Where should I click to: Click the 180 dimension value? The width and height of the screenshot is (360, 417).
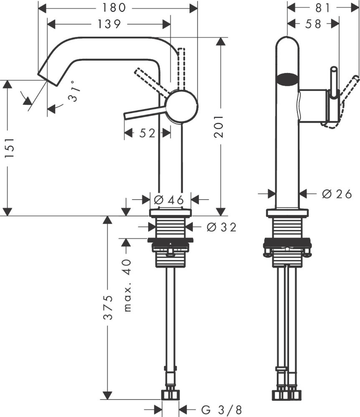(x=114, y=8)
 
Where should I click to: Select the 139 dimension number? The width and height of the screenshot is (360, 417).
(x=109, y=24)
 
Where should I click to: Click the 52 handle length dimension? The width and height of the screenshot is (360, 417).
(x=147, y=133)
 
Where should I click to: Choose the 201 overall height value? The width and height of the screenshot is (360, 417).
(x=219, y=126)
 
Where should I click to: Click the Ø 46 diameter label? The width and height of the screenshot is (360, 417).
(x=169, y=200)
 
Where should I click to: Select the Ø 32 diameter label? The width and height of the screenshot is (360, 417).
(x=221, y=227)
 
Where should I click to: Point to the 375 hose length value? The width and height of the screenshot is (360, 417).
(x=108, y=307)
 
